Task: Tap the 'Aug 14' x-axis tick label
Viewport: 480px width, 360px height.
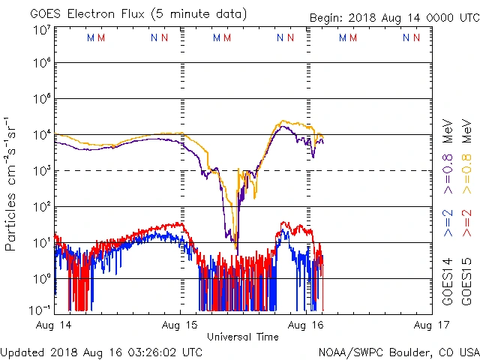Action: click(x=55, y=325)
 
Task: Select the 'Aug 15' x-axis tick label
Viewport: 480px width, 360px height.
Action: click(x=180, y=325)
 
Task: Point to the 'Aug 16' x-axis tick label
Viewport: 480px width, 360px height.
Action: click(x=306, y=325)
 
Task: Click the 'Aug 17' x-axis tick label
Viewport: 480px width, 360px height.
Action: click(x=430, y=325)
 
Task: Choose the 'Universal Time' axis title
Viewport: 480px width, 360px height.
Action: click(x=242, y=337)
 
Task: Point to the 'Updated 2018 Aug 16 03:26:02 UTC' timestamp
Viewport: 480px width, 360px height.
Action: click(x=101, y=351)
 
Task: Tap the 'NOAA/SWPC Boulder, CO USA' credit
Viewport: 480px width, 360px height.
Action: click(x=398, y=351)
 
